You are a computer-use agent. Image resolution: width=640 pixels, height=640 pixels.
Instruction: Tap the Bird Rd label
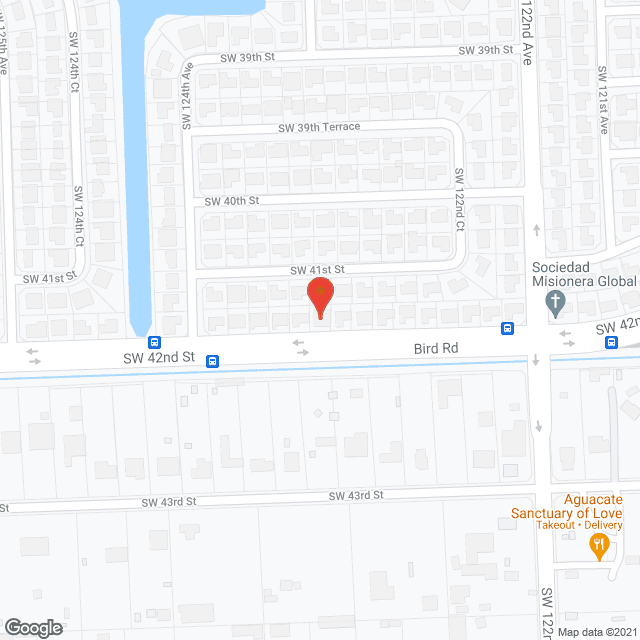click(x=436, y=348)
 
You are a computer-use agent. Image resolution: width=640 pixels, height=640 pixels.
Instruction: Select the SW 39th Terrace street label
click(x=319, y=127)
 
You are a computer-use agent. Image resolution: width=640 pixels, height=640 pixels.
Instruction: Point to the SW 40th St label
click(x=232, y=200)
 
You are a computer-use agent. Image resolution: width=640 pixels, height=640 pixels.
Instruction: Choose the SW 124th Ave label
click(x=186, y=96)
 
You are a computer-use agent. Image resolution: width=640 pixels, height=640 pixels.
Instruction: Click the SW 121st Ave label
click(x=603, y=101)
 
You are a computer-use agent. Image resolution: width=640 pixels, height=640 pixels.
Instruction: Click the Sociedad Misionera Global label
click(x=585, y=275)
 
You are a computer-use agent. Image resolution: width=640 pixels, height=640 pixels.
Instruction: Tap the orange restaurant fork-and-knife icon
click(x=599, y=544)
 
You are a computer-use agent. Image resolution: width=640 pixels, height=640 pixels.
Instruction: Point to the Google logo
click(x=32, y=627)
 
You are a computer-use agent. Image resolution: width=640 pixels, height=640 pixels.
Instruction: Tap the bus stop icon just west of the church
click(x=508, y=328)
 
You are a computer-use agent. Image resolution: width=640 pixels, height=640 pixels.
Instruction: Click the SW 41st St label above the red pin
click(x=317, y=270)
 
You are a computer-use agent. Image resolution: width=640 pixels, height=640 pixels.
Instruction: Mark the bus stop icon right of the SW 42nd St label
click(x=212, y=361)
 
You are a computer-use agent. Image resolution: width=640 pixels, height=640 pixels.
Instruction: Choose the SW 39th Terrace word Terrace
click(x=340, y=127)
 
